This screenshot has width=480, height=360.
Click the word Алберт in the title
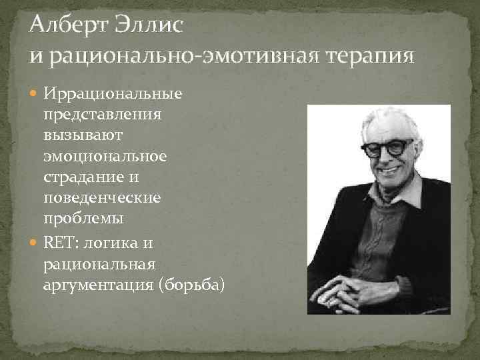point(69,25)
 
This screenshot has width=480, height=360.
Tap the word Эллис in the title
point(149,24)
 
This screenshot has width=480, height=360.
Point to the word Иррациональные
point(113,93)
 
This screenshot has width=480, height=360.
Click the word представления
point(103,115)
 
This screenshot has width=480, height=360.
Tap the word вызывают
point(83,135)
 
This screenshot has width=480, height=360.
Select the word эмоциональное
point(105,157)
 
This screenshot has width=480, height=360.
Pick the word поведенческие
point(102,198)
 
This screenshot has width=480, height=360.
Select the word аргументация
point(98,285)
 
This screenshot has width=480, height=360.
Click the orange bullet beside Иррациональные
point(33,93)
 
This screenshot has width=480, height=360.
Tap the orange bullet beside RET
point(33,243)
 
